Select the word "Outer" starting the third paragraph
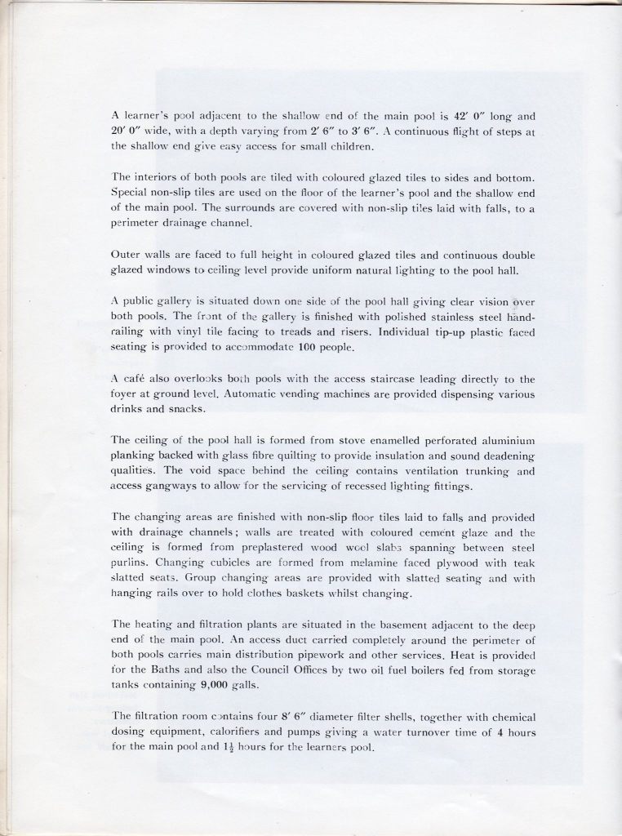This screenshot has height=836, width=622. pos(127,255)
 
